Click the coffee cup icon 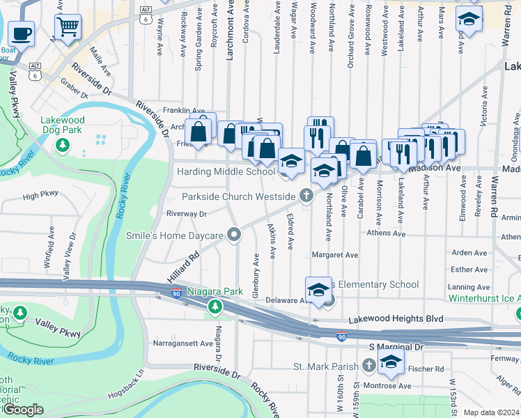point(21,32)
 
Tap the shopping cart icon point(68,27)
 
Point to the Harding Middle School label point(226,171)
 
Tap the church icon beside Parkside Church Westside point(305,196)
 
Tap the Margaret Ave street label point(335,255)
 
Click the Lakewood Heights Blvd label point(397,318)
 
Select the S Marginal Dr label point(396,346)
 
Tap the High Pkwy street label point(40,196)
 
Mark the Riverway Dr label point(186,214)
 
